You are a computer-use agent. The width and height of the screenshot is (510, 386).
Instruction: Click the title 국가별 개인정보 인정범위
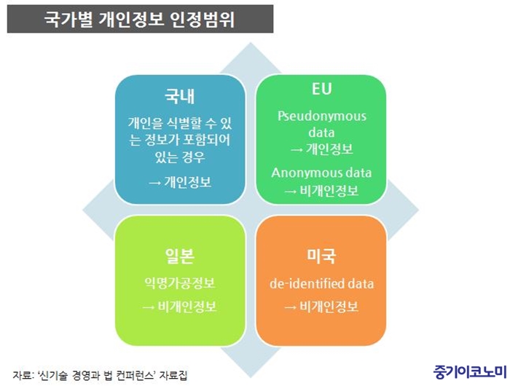click(x=140, y=19)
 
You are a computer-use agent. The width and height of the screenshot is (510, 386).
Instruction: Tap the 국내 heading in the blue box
click(x=179, y=96)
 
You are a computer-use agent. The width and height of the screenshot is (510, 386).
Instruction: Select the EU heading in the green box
click(x=322, y=89)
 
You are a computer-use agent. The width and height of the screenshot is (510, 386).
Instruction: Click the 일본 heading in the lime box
click(x=179, y=256)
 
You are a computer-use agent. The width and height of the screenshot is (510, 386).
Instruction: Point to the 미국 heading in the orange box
click(x=321, y=256)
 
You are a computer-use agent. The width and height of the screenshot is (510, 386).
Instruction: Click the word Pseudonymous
click(x=322, y=116)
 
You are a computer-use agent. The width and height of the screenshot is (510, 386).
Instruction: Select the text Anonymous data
click(x=321, y=173)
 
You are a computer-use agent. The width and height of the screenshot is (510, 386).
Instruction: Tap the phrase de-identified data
click(x=322, y=283)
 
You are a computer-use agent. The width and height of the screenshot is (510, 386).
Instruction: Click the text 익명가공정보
click(x=179, y=283)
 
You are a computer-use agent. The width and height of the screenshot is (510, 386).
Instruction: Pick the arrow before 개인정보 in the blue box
click(x=154, y=183)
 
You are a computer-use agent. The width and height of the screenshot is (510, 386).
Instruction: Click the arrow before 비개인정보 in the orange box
click(x=291, y=307)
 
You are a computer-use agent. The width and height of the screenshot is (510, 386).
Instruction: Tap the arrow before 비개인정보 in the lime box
click(x=149, y=307)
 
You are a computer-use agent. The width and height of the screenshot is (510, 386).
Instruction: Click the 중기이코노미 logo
click(x=470, y=371)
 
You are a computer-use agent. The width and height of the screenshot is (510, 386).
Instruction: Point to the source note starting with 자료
click(x=100, y=375)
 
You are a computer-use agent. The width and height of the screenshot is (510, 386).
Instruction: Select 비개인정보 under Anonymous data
click(x=329, y=191)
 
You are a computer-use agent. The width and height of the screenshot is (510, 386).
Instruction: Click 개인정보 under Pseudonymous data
click(x=329, y=149)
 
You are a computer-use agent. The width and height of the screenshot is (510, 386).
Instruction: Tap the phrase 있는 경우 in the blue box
click(x=180, y=157)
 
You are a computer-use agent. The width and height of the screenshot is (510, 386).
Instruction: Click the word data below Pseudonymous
click(x=321, y=133)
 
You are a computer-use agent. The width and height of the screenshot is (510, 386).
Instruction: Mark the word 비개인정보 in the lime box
click(x=187, y=307)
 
